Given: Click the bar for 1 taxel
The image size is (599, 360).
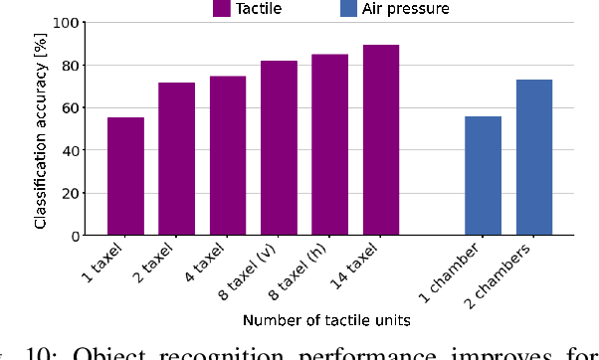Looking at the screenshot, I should click(x=125, y=177).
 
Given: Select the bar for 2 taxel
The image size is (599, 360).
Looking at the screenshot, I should click(x=177, y=159).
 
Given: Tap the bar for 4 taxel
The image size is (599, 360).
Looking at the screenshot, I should click(x=228, y=156).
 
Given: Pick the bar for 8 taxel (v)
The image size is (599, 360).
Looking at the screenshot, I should click(x=280, y=148).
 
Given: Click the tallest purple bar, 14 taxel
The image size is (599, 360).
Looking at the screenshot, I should click(x=381, y=140).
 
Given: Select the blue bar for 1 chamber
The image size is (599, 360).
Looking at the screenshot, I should click(x=484, y=176).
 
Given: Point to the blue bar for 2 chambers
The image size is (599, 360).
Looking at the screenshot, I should click(x=534, y=157).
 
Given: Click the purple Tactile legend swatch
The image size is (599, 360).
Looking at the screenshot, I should click(x=222, y=9).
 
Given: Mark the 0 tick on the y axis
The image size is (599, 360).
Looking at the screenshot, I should click(x=77, y=236).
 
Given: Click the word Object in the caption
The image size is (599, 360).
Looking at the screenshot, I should click(x=125, y=352).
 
